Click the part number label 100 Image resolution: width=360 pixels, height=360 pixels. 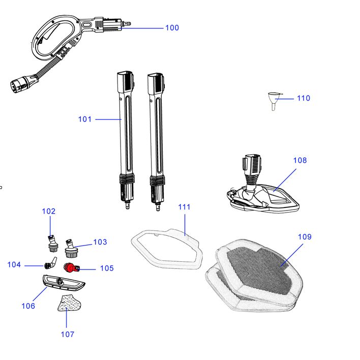172,27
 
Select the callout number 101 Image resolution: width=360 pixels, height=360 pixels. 85,119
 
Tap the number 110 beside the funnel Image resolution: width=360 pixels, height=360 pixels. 303,98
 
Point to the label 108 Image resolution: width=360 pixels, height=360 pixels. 300,160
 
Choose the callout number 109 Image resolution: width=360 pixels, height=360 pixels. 305,237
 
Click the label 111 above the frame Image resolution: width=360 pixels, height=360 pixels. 184,207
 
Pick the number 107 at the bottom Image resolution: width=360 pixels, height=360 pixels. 67,334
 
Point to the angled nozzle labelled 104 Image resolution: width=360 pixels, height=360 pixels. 50,263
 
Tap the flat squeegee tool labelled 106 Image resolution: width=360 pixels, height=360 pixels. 62,281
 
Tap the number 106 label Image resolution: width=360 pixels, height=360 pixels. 28,306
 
